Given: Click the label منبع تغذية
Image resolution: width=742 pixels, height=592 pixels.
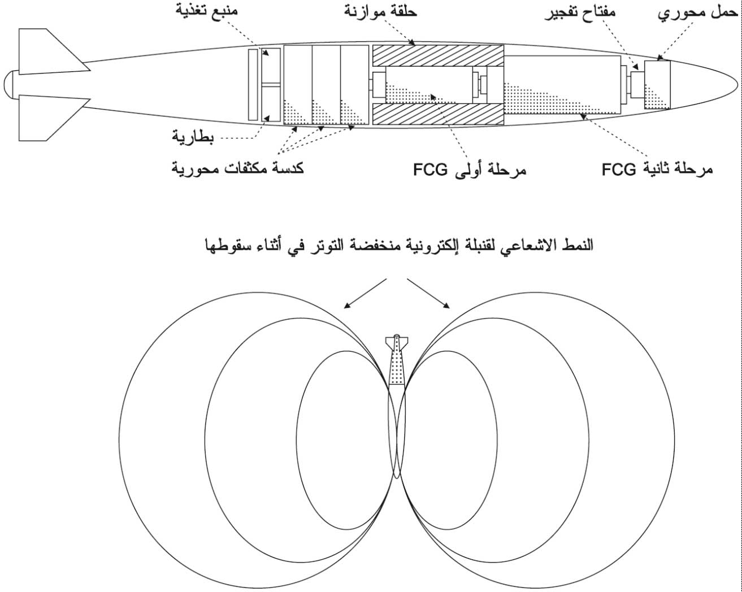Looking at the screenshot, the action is pos(206,9).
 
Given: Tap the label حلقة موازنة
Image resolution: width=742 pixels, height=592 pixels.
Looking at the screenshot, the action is pos(381,11).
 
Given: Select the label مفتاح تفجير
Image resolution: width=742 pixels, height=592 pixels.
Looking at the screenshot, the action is pos(580,13).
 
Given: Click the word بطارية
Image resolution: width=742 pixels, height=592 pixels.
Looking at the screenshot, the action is pos(193,138).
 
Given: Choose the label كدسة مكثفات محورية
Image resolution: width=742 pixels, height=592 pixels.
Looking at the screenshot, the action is pos(238,168).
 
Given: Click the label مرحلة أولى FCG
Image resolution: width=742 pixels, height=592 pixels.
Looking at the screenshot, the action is pos(470,169).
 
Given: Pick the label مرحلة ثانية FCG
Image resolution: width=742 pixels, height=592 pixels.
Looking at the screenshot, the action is pos(657,169).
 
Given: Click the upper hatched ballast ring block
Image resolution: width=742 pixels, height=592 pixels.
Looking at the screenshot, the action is pos(438,55).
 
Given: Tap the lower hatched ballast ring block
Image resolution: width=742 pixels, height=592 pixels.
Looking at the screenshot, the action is pos(438,114).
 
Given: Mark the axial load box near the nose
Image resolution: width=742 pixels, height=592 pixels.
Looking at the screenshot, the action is pos(657,85).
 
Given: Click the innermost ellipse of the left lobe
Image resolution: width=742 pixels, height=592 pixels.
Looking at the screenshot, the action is pos(297,440).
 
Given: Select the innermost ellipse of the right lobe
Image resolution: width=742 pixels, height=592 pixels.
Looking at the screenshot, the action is pos(497,440).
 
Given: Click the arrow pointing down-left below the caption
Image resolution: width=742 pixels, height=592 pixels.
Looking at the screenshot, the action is pos(365,293).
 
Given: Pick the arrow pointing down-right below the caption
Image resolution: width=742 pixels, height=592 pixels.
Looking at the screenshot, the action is pos(428,293).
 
